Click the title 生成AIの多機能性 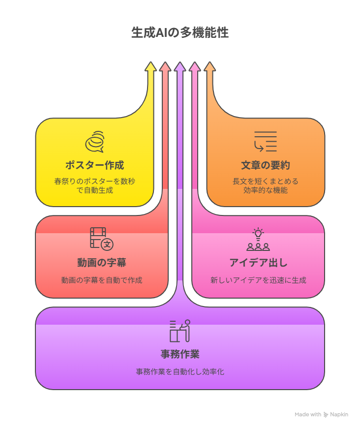[180, 32]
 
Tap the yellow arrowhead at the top [150, 67]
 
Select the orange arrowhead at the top [210, 67]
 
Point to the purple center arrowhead [180, 67]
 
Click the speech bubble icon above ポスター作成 [95, 141]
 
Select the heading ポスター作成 [95, 165]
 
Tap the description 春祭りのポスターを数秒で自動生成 [95, 185]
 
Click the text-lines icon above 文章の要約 [265, 141]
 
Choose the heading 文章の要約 [266, 165]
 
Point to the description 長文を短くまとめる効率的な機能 [266, 185]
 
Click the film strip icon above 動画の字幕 [101, 239]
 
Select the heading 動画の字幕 [102, 263]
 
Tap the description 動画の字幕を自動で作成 [102, 280]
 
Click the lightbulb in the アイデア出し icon [258, 234]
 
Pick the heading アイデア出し [258, 263]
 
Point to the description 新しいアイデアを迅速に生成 [258, 280]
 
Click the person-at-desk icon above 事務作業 [180, 331]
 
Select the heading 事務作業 [180, 354]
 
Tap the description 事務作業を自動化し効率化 [180, 371]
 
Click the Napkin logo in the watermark [326, 415]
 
